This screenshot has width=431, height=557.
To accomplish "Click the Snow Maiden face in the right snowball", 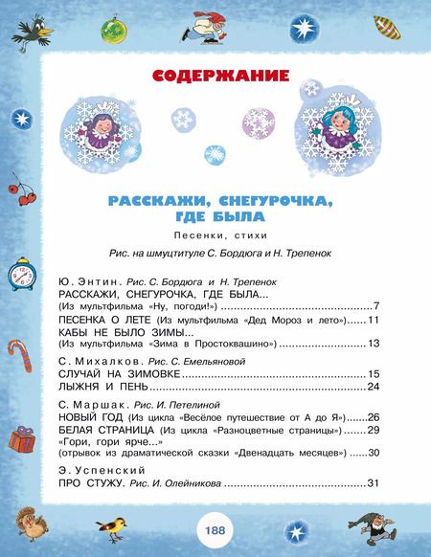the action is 336,128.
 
